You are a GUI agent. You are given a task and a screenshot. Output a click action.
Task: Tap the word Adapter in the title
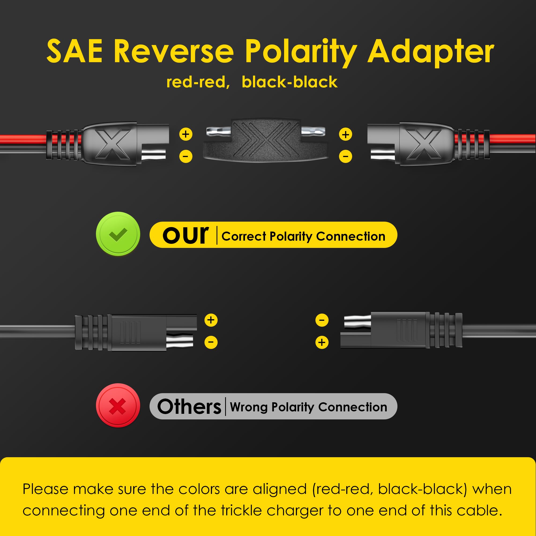431,53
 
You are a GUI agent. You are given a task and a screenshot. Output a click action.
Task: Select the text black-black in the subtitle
290,82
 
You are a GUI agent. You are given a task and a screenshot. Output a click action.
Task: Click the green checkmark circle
118,234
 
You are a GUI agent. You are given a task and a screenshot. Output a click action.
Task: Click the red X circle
118,405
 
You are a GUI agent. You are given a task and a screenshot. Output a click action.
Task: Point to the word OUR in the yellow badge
186,235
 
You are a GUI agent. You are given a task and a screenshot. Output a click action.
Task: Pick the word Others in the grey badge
189,407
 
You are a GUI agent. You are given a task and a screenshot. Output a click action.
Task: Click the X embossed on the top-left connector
113,144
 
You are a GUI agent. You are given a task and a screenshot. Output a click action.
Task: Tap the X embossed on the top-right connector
424,144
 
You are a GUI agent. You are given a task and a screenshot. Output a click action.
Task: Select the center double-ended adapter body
266,141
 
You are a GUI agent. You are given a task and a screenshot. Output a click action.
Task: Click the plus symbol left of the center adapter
186,134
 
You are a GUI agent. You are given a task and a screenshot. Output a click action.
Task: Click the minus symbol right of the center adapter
345,157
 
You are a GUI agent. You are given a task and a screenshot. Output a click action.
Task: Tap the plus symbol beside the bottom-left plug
211,320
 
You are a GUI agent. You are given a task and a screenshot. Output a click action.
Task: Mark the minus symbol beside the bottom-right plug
322,320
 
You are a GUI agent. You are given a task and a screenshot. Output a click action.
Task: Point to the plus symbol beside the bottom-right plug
322,342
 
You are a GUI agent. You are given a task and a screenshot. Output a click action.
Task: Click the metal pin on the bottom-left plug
180,341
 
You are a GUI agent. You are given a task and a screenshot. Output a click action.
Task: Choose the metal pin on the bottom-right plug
357,322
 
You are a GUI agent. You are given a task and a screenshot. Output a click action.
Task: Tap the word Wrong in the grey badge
249,407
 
